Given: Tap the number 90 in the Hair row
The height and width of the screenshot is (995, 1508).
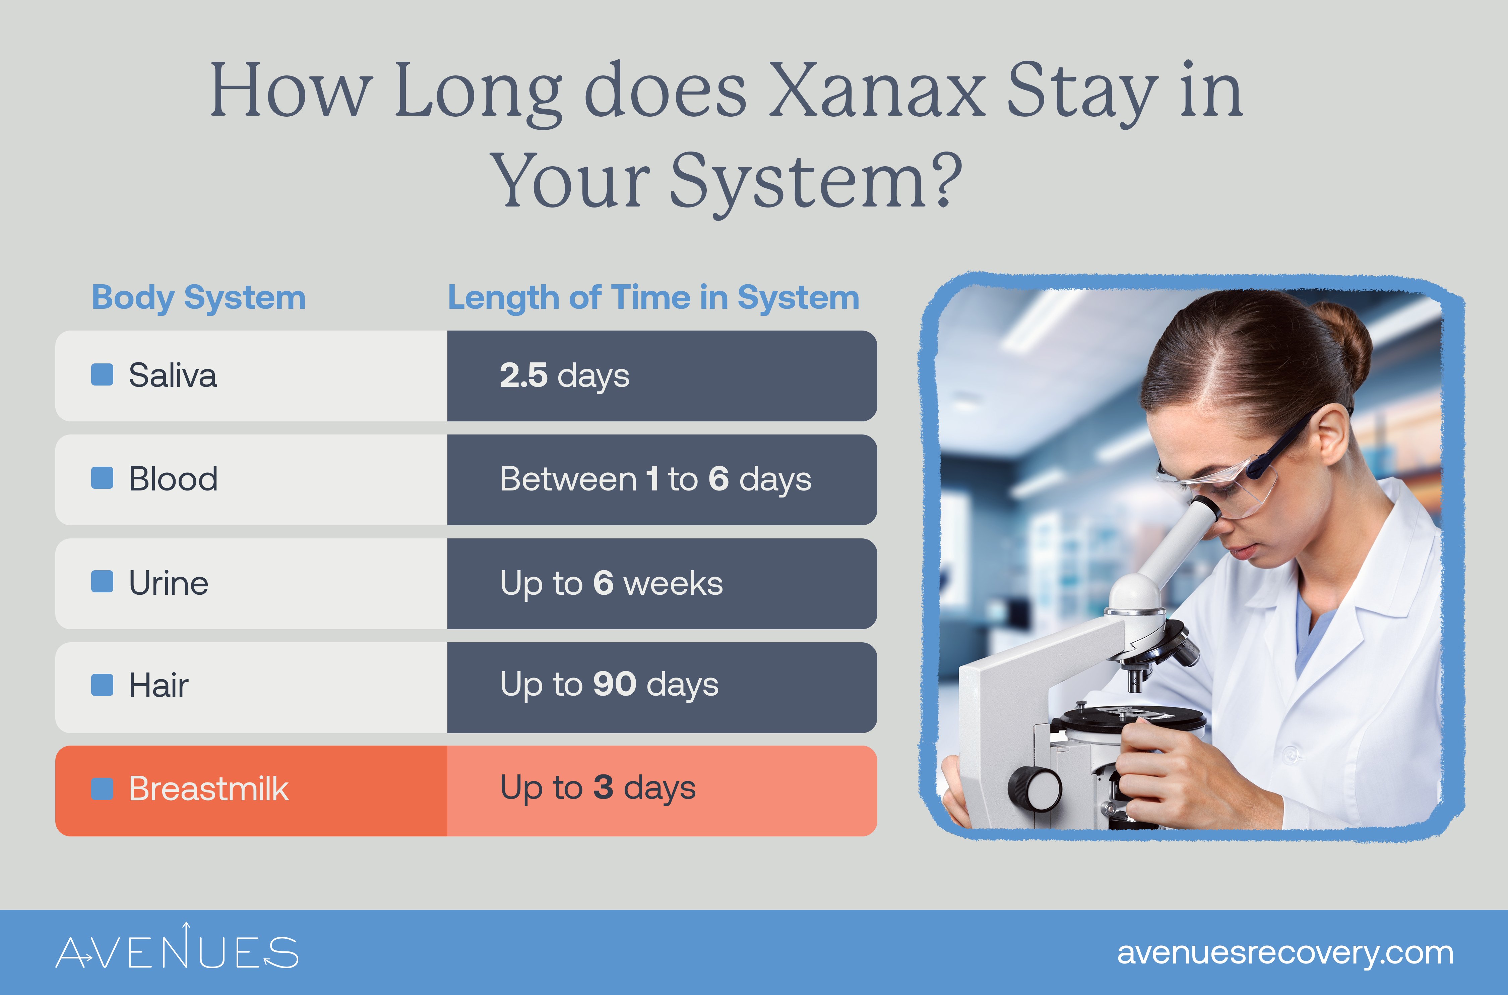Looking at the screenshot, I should click(615, 684).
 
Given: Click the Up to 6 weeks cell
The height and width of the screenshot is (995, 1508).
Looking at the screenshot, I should click(611, 583).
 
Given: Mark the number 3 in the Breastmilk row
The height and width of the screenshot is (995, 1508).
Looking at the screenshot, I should click(603, 787).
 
